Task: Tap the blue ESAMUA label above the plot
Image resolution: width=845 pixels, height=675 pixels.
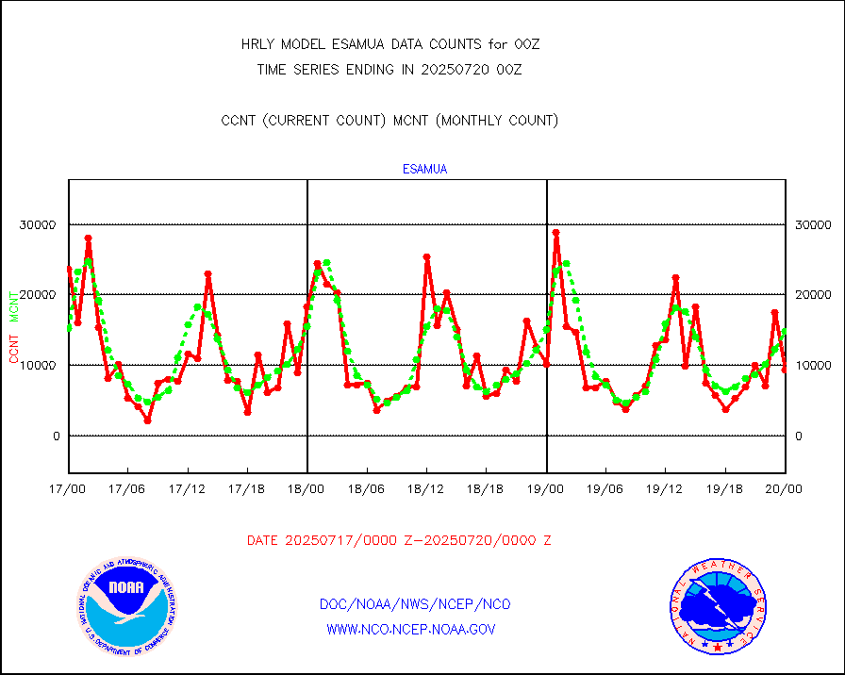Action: (424, 170)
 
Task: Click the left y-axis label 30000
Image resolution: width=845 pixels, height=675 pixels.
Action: (39, 224)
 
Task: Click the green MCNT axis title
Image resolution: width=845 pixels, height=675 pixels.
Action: (14, 306)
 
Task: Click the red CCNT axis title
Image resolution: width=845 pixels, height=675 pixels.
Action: (14, 348)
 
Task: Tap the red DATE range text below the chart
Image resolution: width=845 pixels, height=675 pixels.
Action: (399, 541)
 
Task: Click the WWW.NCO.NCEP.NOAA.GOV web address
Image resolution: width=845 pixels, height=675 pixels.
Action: (410, 629)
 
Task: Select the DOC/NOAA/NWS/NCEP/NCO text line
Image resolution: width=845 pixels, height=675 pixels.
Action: (415, 604)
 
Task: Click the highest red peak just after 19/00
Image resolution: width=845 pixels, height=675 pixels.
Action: (556, 232)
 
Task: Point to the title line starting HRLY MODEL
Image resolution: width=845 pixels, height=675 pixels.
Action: (389, 44)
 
